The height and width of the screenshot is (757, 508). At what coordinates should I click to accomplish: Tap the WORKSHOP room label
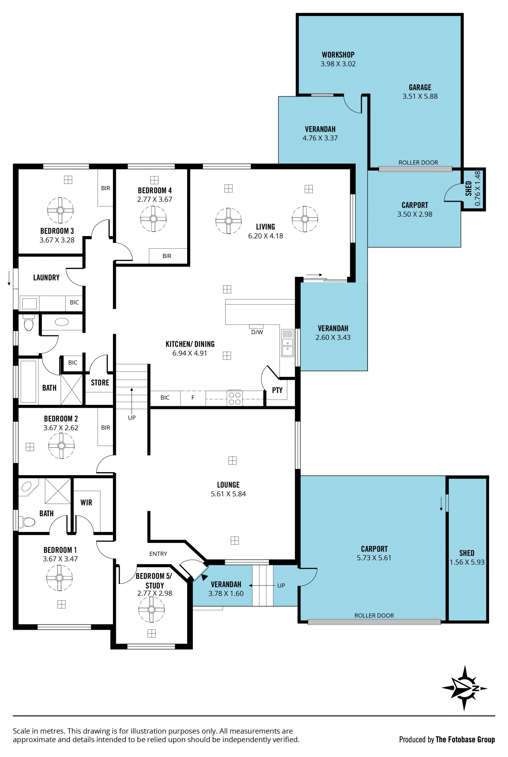338,55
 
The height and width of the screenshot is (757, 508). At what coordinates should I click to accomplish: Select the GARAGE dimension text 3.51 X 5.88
420,96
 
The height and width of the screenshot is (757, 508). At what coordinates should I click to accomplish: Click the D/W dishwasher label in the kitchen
257,332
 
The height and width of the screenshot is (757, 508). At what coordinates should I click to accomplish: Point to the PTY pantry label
277,390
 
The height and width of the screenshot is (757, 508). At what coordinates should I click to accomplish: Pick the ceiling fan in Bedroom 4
153,219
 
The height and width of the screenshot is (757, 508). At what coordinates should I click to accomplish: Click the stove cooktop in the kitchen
235,398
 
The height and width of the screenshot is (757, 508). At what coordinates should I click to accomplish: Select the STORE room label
100,383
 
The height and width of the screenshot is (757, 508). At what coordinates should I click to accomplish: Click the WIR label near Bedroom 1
86,502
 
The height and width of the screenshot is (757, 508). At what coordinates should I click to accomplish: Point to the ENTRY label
158,554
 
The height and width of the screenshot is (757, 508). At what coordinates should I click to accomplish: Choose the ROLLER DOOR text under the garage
418,163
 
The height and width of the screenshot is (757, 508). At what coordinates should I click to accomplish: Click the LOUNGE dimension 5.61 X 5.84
228,494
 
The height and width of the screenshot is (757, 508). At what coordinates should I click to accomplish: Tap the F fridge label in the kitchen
193,397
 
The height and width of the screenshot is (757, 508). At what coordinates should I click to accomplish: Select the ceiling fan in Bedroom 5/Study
151,609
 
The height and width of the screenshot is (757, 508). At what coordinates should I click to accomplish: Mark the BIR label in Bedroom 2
105,428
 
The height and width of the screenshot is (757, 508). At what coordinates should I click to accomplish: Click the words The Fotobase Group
465,740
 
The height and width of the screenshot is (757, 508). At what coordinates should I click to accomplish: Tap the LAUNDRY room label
46,278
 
